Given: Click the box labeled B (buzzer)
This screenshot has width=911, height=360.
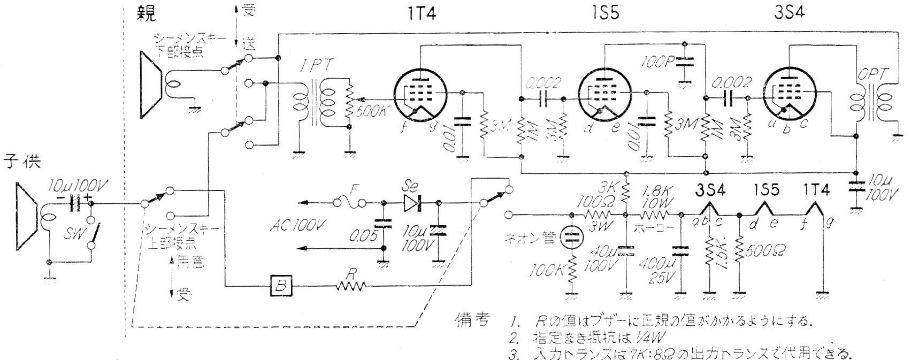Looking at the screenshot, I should coord(281,286).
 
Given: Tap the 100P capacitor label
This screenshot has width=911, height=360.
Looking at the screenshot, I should coord(655,61).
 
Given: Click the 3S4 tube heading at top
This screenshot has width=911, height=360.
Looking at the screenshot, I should coord(788,13).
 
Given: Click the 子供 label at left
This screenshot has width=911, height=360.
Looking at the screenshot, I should coord(23,160).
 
